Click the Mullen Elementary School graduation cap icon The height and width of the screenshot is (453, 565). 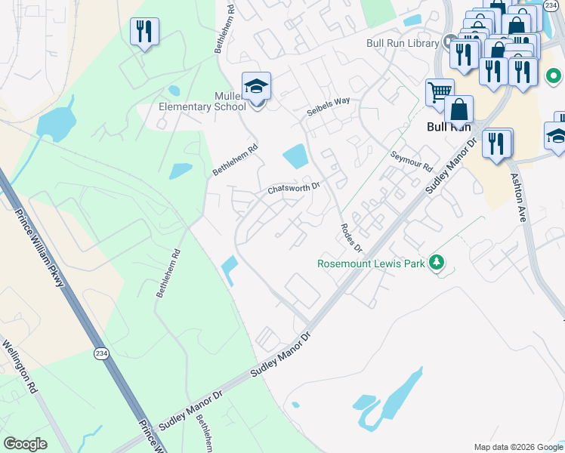coord(256,87)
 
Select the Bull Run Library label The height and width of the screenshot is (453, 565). coord(402,43)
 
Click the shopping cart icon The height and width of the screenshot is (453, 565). coord(439,93)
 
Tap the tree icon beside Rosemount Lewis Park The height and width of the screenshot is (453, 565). coord(436,263)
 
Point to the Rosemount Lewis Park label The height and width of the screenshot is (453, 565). coord(371,263)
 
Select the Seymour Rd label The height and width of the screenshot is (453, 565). coord(412,161)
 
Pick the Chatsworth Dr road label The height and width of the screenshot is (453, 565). coord(294,186)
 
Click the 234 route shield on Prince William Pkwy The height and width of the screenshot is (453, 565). coord(101,353)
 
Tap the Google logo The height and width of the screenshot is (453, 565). coord(25,444)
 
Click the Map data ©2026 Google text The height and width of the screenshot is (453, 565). coord(518,447)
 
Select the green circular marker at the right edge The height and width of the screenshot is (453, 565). coord(553,76)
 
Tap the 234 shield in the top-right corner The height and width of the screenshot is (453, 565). coord(551,5)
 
